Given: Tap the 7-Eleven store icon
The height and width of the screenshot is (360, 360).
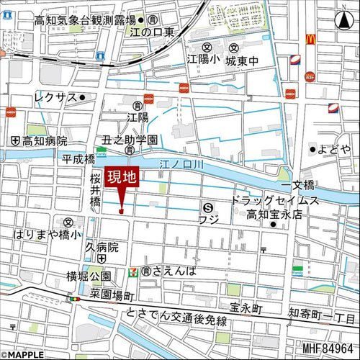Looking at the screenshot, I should point(133,271).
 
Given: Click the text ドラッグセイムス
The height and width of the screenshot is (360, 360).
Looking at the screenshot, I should point(274,199).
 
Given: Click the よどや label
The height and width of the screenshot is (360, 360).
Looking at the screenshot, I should point(333,149).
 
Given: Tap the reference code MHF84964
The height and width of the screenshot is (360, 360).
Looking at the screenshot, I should point(328,351).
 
